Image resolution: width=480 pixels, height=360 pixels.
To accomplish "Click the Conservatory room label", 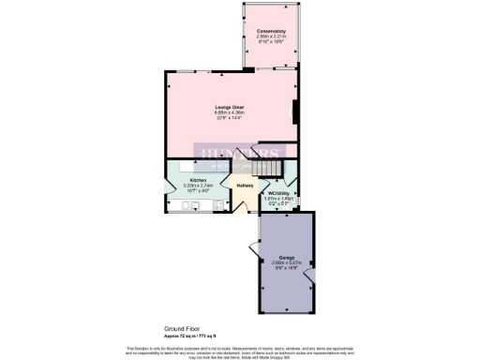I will tap(271, 31).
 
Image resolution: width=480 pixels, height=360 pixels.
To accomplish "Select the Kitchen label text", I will tap(198, 180).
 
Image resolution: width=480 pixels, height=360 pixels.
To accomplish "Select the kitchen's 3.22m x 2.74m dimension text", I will tap(198, 186).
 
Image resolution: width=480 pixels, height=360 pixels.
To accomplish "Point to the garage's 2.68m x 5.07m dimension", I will tap(286, 262).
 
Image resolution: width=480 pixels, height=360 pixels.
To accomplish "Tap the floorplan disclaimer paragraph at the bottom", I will tap(240, 351).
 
